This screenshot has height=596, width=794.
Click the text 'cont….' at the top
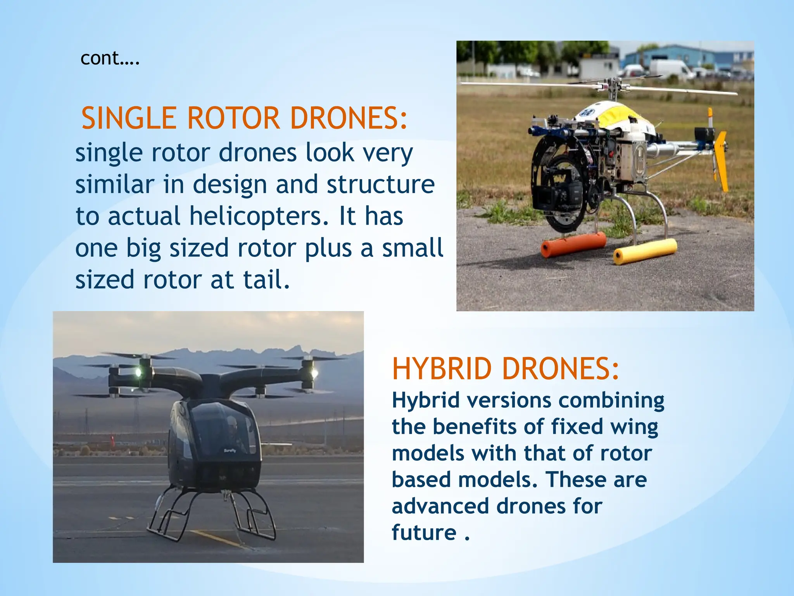[110, 59]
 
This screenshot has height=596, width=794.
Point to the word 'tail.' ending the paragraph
[266, 280]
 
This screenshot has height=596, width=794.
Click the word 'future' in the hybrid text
[424, 532]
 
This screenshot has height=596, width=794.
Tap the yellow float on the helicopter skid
[645, 251]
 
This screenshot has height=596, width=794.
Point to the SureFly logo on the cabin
[230, 451]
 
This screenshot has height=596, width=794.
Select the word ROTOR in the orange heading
[233, 118]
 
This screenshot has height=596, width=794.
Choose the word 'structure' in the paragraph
[380, 184]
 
